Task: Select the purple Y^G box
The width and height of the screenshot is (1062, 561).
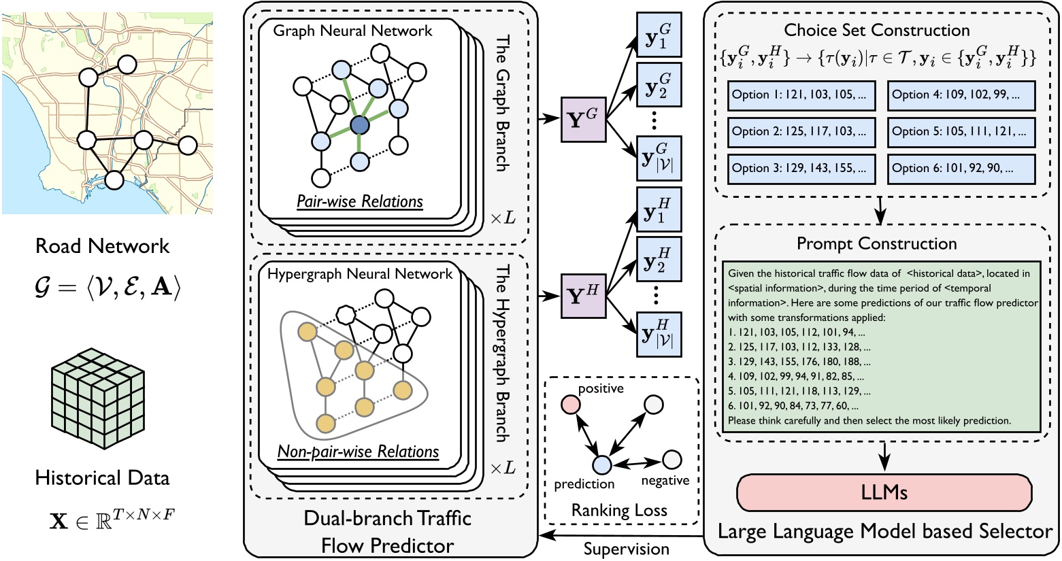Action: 583,119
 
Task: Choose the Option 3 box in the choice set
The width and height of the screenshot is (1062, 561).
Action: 802,169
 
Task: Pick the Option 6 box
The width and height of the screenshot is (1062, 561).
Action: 961,169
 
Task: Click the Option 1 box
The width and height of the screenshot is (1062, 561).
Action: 802,95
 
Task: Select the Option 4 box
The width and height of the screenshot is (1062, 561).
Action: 961,95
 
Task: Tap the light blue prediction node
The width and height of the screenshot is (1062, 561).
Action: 601,465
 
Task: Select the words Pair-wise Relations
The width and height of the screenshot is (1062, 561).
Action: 359,201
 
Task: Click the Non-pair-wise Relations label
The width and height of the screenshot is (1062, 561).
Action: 358,452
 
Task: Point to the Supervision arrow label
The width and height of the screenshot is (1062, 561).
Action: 627,548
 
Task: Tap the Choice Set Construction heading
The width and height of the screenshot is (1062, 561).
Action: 876,30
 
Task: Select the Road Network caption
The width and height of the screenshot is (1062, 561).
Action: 102,245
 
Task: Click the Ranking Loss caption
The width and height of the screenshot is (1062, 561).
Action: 619,510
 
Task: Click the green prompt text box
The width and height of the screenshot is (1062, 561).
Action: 882,347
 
